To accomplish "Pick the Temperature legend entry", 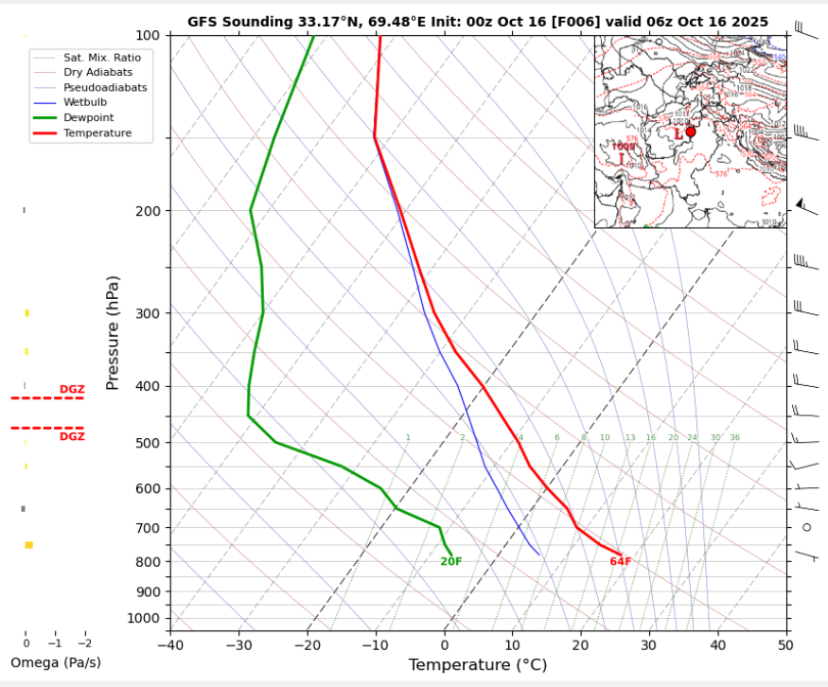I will coord(97,133).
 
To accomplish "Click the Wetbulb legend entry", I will coord(86,102).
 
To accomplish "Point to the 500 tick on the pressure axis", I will coord(150,443).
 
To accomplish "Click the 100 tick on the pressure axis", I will coord(150,35).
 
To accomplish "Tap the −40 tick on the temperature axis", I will coord(170,645).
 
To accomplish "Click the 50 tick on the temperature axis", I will coord(785,645).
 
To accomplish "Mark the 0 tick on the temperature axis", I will coord(445,645).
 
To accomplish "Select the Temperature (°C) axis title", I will coord(477,665).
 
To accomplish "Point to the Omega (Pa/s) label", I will coord(55,662).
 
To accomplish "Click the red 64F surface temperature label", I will coord(620,562).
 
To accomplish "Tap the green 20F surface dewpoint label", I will coord(451,562).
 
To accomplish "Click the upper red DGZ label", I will coord(72,390).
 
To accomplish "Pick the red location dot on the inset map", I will coord(690,132).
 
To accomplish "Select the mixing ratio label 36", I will coord(734,438).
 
